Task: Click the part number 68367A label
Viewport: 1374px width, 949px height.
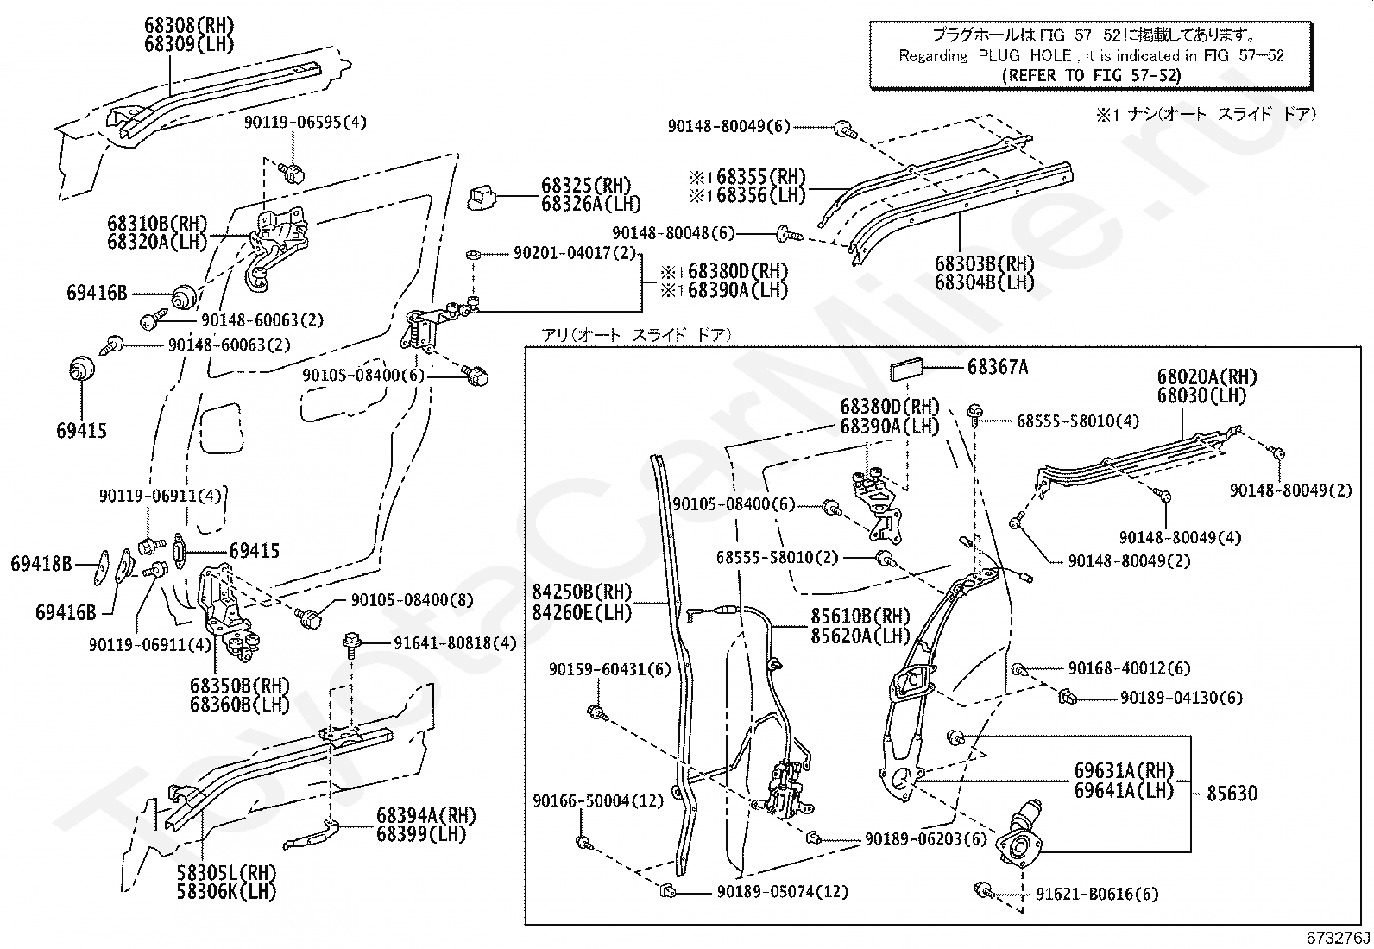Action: (x=997, y=367)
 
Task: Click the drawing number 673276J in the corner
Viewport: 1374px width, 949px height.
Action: (x=1338, y=938)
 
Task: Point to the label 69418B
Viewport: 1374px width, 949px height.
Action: (x=41, y=564)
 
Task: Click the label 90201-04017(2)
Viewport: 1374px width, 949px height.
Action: (x=574, y=254)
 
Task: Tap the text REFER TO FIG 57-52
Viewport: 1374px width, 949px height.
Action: (x=1091, y=74)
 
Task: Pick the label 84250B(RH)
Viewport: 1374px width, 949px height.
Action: (x=595, y=593)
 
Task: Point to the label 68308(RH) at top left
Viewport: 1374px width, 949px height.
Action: (x=189, y=25)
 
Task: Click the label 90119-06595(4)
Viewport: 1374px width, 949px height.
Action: (x=305, y=123)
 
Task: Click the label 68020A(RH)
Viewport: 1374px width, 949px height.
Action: (x=1207, y=377)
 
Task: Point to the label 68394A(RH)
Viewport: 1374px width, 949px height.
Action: (x=426, y=816)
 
